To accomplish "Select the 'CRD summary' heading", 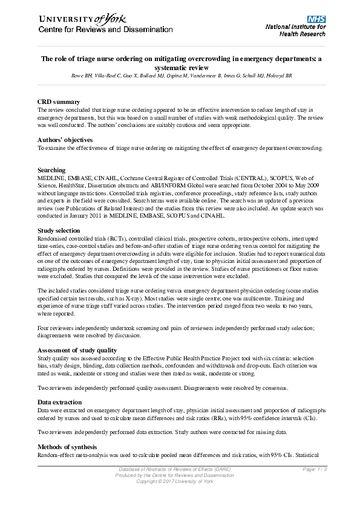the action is [x=58, y=102].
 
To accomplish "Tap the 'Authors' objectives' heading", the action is [x=66, y=140].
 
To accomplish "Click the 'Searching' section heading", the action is [x=51, y=170].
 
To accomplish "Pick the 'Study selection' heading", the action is [x=59, y=230].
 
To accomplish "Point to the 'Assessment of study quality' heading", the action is [x=77, y=350].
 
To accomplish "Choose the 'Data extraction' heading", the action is [x=61, y=401].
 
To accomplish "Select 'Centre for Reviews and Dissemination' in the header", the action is [x=97, y=30].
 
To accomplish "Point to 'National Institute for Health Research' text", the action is [x=296, y=31].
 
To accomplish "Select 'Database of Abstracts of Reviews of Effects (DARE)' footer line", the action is [x=175, y=470].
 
